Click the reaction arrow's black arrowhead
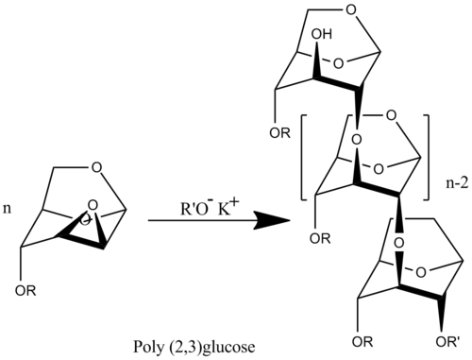(273, 221)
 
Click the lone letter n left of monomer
(7, 209)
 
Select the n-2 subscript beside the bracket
(457, 184)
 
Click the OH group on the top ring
(322, 34)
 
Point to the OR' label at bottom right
(447, 342)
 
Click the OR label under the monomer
(25, 291)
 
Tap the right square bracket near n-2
(427, 158)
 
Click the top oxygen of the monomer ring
(96, 167)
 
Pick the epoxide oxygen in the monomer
(92, 205)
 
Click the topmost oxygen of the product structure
(350, 9)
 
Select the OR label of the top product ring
(280, 133)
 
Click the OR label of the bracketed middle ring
(320, 239)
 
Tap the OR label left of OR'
(362, 342)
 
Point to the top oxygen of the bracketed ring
(391, 115)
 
